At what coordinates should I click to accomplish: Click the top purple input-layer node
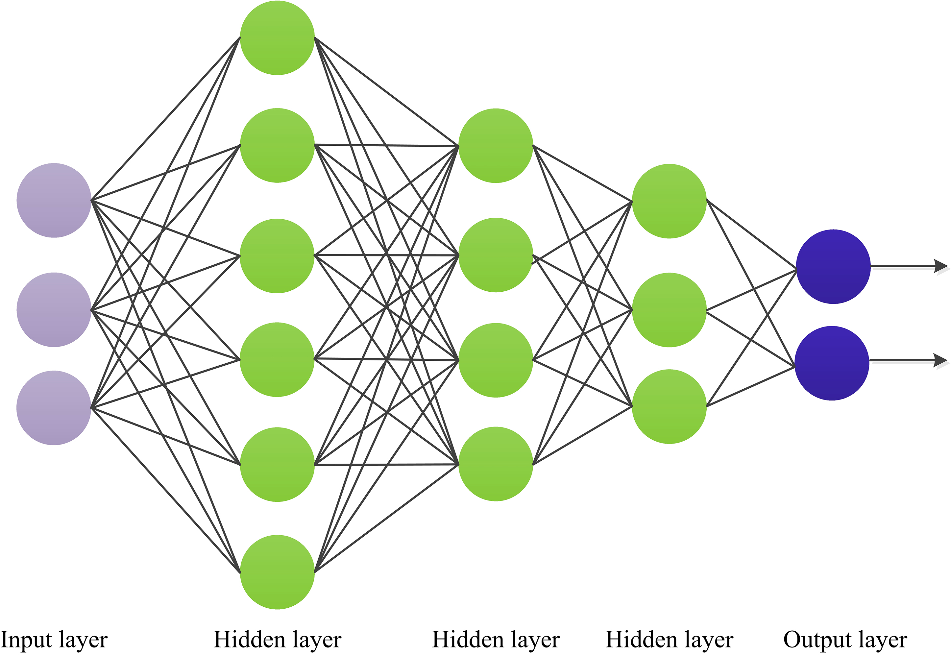pos(54,200)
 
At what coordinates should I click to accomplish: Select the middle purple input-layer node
pos(54,310)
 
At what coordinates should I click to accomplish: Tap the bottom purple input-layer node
pos(54,408)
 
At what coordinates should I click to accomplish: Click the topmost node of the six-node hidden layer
pos(277,38)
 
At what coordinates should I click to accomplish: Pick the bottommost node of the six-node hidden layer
pos(277,572)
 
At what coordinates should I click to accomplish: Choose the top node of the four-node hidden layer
pos(496,146)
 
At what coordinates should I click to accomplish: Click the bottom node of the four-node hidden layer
pos(496,464)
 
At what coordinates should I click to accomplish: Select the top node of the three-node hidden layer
pos(669,201)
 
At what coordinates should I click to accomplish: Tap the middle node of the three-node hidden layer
pos(669,310)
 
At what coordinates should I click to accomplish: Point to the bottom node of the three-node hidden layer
pos(669,406)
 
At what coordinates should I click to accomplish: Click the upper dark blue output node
pos(833,267)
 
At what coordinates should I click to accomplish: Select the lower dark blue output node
pos(832,363)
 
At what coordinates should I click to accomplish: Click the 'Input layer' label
pos(54,640)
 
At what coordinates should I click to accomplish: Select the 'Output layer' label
pos(845,640)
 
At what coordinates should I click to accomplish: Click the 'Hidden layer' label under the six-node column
pos(277,640)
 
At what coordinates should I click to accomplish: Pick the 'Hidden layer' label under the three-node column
pos(669,640)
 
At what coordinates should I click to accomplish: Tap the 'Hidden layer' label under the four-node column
pos(496,640)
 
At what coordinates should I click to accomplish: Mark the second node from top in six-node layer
pos(277,145)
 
